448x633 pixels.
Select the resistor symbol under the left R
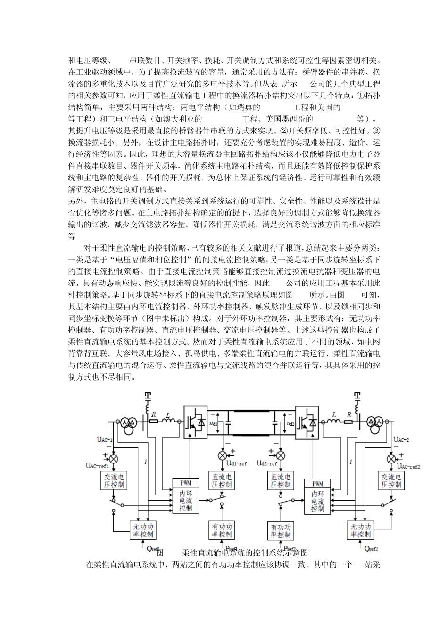coord(153,422)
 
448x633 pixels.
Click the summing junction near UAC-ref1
coord(114,458)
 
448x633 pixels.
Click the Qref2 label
coord(372,548)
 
